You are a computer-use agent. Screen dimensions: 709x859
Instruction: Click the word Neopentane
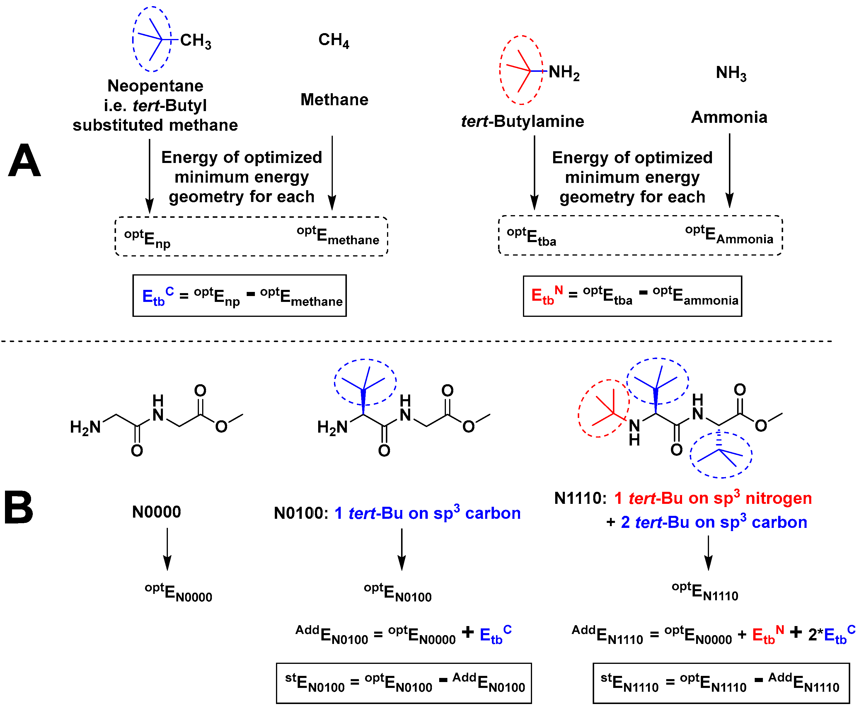155,86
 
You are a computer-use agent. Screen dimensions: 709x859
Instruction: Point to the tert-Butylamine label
523,121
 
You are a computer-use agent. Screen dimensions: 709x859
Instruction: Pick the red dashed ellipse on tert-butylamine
501,70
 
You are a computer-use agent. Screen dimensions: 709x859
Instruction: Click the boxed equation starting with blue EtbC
240,296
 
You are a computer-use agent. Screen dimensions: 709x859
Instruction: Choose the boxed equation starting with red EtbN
633,296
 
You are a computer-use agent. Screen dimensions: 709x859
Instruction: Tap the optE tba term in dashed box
531,237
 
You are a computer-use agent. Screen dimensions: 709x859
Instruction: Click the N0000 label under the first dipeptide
156,512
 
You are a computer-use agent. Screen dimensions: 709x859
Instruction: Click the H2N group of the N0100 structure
332,428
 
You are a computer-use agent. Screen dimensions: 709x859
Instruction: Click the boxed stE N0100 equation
404,683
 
